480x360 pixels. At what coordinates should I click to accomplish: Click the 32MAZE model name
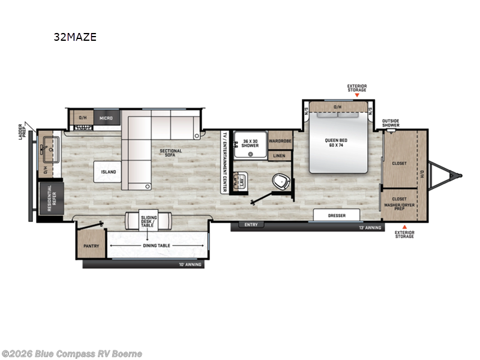[x=75, y=37]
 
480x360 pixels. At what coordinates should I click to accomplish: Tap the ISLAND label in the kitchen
[x=109, y=172]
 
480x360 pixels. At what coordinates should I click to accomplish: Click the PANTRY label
[x=91, y=245]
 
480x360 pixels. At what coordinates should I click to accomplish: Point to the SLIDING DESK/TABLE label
[x=148, y=220]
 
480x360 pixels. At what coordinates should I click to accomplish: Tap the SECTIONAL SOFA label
[x=171, y=153]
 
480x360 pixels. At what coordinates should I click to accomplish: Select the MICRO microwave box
[x=106, y=118]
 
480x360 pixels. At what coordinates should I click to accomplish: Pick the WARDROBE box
[x=280, y=142]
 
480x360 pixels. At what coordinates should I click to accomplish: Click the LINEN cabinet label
[x=280, y=156]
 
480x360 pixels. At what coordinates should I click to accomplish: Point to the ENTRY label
[x=250, y=224]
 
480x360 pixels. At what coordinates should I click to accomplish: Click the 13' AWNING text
[x=369, y=227]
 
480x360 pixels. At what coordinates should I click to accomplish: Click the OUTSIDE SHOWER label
[x=391, y=123]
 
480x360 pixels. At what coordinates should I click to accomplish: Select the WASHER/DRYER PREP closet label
[x=399, y=205]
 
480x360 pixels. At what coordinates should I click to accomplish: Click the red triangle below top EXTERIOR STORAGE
[x=357, y=95]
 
